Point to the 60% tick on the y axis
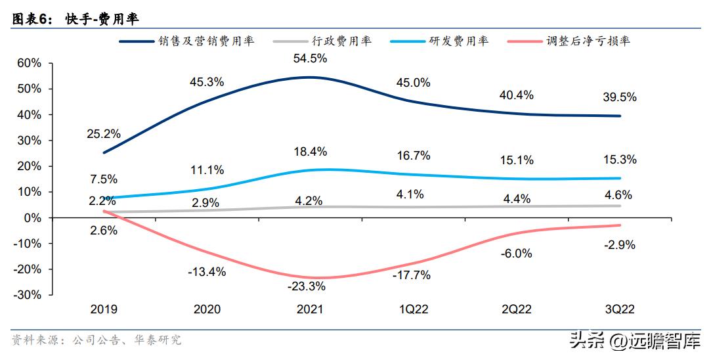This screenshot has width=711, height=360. [x=30, y=63]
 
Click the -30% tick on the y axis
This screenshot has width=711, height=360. [x=27, y=295]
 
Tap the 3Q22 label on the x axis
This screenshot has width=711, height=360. [x=618, y=309]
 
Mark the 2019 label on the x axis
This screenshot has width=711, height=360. [x=104, y=309]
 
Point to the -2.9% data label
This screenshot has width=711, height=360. [x=620, y=244]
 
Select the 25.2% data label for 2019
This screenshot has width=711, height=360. [x=104, y=133]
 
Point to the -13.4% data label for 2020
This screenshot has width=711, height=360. [x=207, y=271]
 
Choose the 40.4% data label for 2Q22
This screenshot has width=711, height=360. [x=517, y=95]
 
